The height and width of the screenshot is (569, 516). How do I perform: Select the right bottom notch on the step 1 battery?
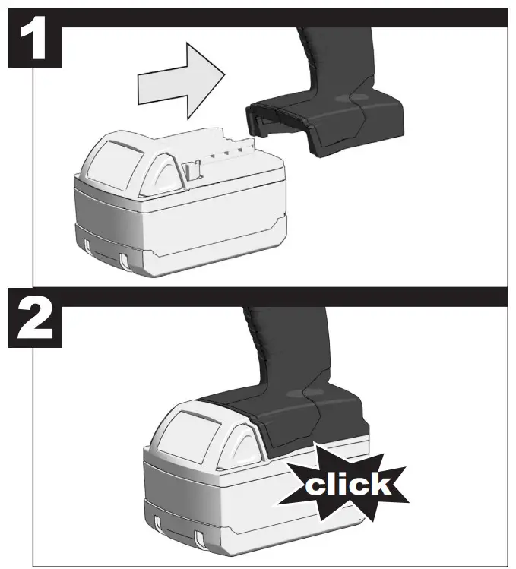pos(125,259)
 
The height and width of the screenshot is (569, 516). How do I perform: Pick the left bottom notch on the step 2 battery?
pos(157,524)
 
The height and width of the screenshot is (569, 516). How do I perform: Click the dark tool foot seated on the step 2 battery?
pos(304,418)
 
